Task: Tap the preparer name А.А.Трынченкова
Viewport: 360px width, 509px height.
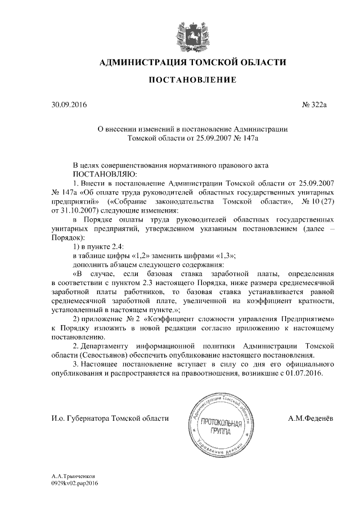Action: coord(71,476)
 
